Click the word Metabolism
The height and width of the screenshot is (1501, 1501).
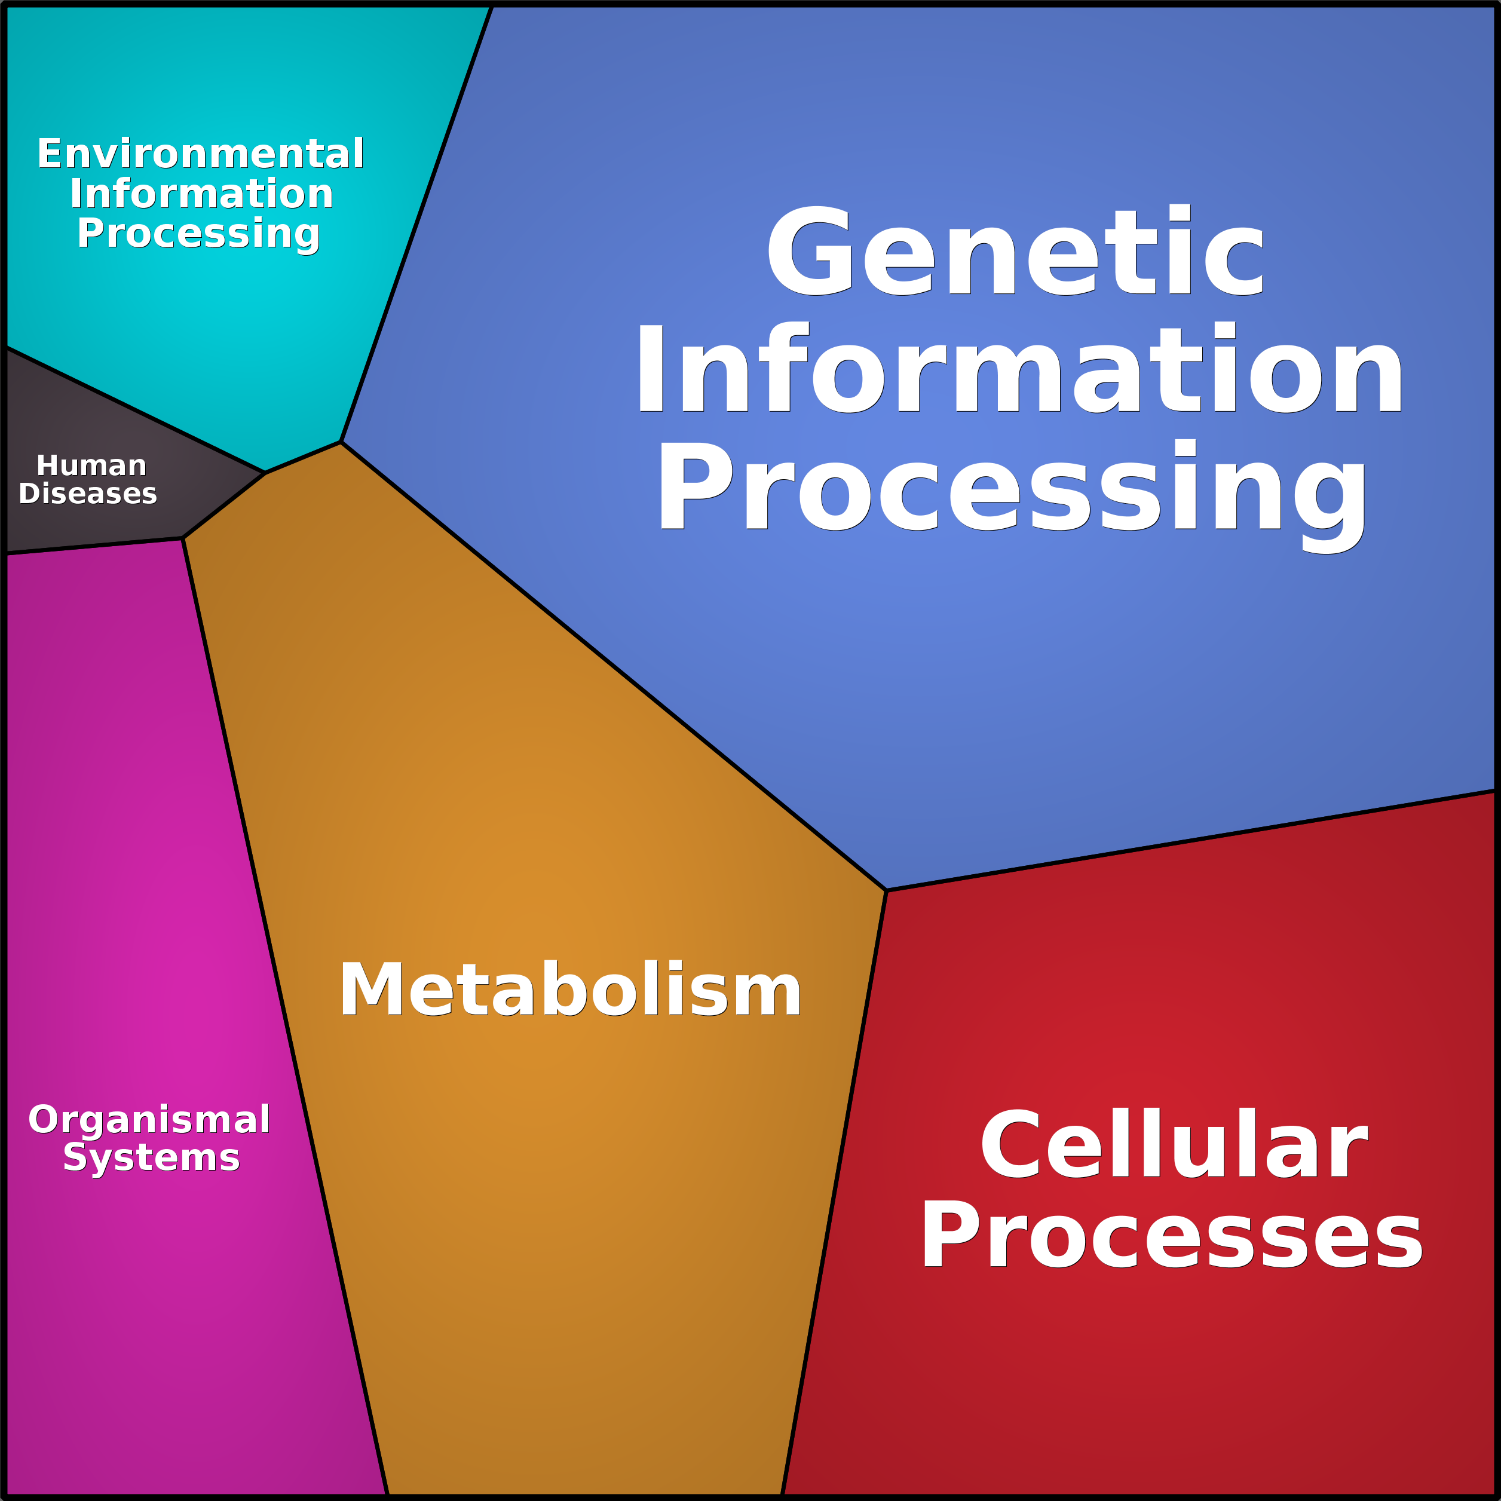point(569,990)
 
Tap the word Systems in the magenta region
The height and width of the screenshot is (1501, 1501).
point(152,1157)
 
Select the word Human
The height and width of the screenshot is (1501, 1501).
point(91,465)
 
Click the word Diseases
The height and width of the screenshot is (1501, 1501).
point(88,494)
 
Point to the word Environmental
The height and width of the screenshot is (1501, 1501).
point(200,153)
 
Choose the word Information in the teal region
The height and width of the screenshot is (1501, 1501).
point(201,194)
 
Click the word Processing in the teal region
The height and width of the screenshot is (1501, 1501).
point(198,233)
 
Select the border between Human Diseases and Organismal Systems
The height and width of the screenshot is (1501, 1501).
point(93,546)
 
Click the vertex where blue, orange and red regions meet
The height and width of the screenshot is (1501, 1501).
point(886,890)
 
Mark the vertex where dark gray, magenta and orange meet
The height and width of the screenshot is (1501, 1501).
point(183,538)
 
